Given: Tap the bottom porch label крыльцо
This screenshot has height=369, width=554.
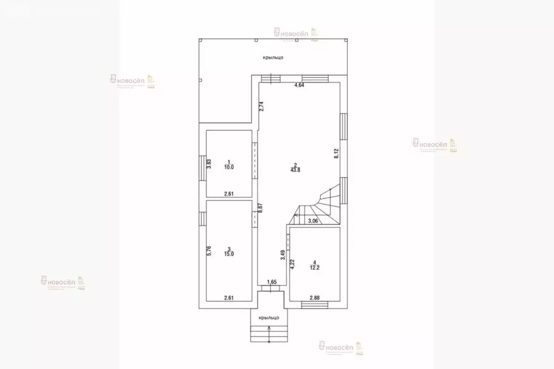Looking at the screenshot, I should (269, 318).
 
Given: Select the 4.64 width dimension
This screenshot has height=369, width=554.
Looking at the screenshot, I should (299, 85).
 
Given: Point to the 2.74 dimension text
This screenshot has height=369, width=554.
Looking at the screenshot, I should (261, 106).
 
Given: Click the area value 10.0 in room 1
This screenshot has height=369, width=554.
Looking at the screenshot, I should (229, 167).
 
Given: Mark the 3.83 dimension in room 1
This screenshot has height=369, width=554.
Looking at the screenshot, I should (209, 164).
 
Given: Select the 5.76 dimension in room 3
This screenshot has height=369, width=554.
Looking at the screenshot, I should (209, 251).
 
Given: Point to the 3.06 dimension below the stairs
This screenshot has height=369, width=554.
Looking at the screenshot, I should (313, 220).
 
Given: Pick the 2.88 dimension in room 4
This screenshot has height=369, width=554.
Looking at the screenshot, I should (315, 298).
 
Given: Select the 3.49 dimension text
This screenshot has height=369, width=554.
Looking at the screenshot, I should (283, 256).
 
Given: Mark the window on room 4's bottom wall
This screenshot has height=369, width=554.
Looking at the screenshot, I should (315, 305).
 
